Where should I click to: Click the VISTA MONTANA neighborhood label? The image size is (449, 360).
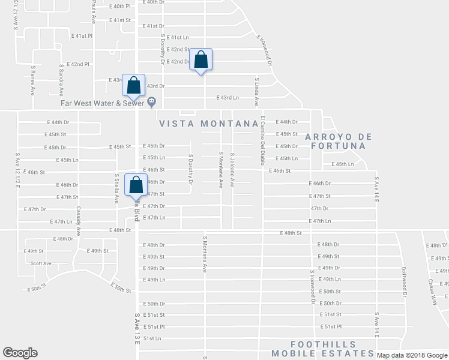click(x=209, y=124)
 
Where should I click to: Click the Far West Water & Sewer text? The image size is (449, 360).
click(x=103, y=102)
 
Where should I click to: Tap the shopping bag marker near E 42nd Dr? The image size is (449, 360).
click(x=201, y=60)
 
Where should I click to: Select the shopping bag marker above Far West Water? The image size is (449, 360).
click(x=133, y=85)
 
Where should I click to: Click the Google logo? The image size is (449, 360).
click(x=20, y=353)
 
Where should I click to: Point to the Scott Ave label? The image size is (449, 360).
click(x=41, y=263)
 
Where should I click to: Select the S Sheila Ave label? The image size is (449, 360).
click(x=116, y=188)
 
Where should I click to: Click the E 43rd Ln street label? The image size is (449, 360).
click(x=228, y=97)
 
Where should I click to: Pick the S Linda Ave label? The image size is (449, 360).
click(x=256, y=91)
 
